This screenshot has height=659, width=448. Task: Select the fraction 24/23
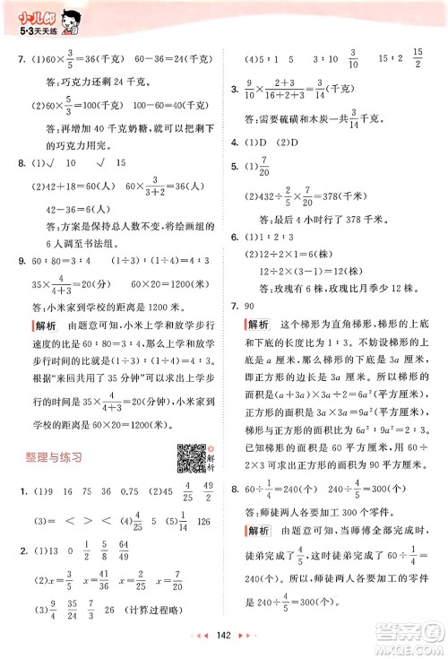click(x=73, y=615)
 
